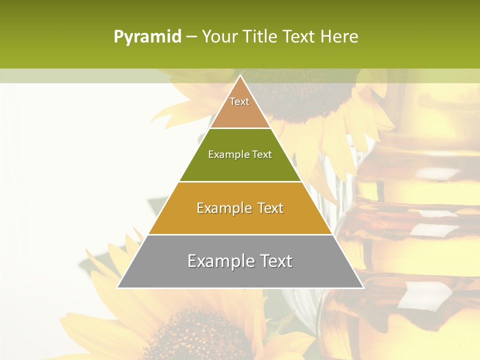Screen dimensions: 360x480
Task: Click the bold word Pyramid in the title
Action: coord(147,36)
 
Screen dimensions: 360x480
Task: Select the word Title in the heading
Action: coord(263,36)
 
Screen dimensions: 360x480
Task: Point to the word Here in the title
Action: coord(339,36)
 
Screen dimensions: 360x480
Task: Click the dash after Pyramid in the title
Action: coord(191,37)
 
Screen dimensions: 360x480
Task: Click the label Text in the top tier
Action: coord(239,101)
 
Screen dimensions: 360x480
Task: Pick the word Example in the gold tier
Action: coord(224,208)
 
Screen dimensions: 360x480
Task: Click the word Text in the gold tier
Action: coord(270,208)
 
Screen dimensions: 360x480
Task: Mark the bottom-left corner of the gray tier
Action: coord(118,287)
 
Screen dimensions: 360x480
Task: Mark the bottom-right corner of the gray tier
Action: coord(363,287)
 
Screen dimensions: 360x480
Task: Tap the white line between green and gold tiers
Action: coord(240,181)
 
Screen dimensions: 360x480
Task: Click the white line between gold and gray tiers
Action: coord(240,234)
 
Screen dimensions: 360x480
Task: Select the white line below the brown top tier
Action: coord(240,128)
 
